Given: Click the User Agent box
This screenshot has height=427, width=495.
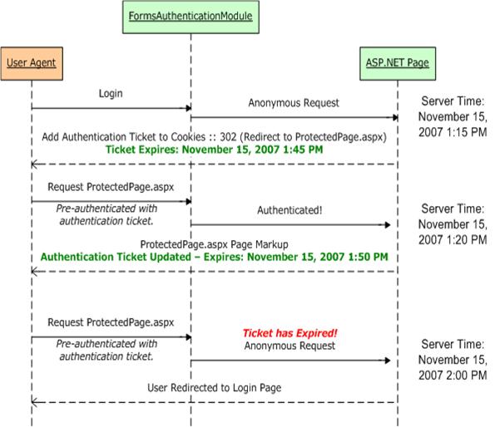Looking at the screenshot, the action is coord(32,64).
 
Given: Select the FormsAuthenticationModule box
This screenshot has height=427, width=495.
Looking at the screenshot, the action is coord(191,17).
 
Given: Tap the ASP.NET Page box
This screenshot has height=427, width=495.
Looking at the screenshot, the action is coord(398,64).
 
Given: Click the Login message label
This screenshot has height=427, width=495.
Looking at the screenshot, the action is coord(111,94).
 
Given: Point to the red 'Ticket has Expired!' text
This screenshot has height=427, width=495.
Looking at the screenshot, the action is coord(290,333).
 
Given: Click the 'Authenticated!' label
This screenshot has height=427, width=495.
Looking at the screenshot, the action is coord(290,210).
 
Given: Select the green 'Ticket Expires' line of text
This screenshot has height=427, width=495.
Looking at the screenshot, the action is coord(214,150).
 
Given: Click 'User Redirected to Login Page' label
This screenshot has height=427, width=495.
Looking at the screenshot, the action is coord(214,388).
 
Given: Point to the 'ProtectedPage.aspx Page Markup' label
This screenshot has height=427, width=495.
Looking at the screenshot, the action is coord(214,244).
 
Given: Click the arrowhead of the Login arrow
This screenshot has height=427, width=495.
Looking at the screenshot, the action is coord(189,108).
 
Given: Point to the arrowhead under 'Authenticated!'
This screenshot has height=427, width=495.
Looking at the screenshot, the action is coord(388,225).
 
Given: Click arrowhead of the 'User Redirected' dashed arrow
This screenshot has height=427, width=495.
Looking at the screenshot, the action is coord(34,402).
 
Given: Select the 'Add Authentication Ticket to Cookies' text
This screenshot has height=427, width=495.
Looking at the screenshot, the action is coord(124,137).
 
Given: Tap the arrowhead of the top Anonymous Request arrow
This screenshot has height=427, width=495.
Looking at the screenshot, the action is coord(395,117).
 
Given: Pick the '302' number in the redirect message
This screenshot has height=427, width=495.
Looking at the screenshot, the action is coord(228,137).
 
